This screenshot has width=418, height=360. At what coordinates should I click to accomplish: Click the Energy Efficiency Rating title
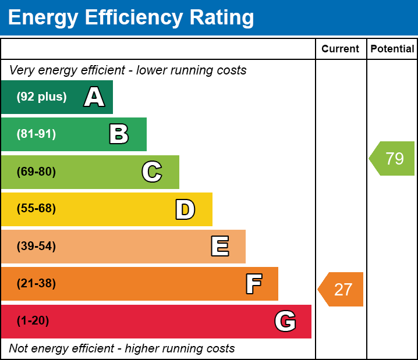point(131,18)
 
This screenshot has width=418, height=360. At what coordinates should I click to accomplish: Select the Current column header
point(341,49)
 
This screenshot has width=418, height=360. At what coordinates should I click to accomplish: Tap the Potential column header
point(392,49)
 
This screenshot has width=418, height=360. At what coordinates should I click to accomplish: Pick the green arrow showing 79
point(393,158)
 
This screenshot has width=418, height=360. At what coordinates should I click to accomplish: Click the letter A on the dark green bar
point(94,97)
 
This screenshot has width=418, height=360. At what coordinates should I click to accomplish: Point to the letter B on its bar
point(119,134)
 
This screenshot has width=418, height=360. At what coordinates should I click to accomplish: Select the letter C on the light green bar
point(152,172)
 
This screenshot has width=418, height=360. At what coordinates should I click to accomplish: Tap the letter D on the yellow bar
point(185,209)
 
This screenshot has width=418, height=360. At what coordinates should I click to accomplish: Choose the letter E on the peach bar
point(219,247)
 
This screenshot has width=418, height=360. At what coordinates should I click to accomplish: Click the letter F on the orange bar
point(253,284)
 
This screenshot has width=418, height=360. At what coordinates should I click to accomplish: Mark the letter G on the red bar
point(285,321)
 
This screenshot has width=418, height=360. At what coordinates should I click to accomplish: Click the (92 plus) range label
point(41,97)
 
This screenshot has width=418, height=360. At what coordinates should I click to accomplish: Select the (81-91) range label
point(36,134)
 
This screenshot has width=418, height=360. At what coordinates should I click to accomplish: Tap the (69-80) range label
point(36,172)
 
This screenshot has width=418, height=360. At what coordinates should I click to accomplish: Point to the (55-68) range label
point(36,209)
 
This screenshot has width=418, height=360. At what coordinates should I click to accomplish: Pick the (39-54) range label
point(36,247)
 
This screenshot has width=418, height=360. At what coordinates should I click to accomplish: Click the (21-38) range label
point(36,284)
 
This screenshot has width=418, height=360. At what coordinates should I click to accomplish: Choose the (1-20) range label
point(33,321)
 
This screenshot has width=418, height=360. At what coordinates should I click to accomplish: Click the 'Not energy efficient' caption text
point(122,349)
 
